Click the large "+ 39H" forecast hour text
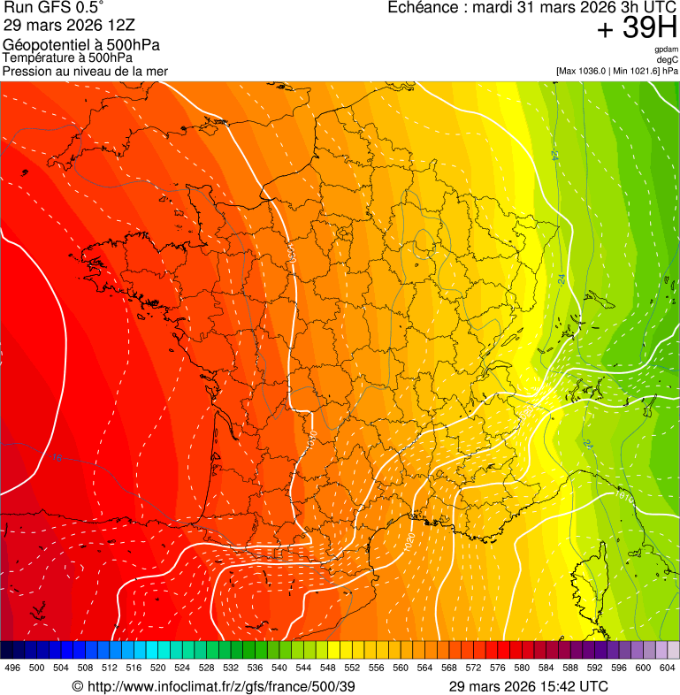click(x=637, y=29)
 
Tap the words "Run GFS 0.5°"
click(x=54, y=8)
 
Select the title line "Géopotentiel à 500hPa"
click(x=81, y=45)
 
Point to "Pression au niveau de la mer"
click(x=85, y=71)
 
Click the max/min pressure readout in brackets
click(x=617, y=71)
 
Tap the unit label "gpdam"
click(x=666, y=50)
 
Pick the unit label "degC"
click(x=668, y=59)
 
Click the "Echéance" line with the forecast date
click(x=532, y=8)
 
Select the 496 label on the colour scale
click(x=12, y=668)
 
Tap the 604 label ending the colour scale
click(x=667, y=668)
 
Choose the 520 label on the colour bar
click(x=158, y=668)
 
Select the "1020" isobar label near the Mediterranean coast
click(x=409, y=538)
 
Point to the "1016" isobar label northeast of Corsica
click(x=623, y=497)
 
